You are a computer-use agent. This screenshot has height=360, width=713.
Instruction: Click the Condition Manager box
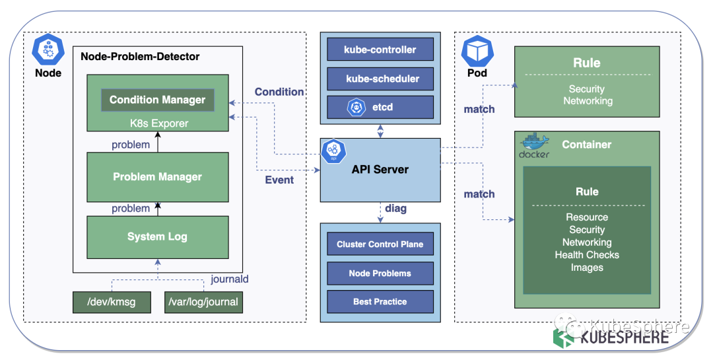pyautogui.click(x=157, y=100)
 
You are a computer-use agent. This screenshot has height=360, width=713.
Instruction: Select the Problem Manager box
pyautogui.click(x=157, y=177)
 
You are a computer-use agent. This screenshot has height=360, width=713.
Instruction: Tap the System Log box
pyautogui.click(x=157, y=236)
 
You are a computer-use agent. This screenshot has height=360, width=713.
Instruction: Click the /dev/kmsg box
pyautogui.click(x=112, y=302)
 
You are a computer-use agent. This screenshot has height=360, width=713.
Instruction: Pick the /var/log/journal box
pyautogui.click(x=203, y=302)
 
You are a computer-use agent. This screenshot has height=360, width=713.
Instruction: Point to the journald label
pyautogui.click(x=229, y=279)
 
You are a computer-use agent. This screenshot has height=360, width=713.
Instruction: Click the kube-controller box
pyautogui.click(x=380, y=50)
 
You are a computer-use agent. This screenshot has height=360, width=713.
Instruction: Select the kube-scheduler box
pyautogui.click(x=380, y=79)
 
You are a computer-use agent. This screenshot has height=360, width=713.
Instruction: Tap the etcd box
pyautogui.click(x=380, y=106)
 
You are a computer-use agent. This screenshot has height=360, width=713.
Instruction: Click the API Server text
pyautogui.click(x=380, y=170)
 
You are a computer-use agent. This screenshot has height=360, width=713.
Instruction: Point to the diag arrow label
pyautogui.click(x=396, y=209)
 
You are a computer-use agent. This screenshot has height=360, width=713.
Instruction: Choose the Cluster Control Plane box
pyautogui.click(x=380, y=244)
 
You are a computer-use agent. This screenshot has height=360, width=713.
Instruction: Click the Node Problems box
pyautogui.click(x=380, y=273)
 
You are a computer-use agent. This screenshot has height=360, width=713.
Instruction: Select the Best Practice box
pyautogui.click(x=380, y=301)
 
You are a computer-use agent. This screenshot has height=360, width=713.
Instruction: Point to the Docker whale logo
pyautogui.click(x=533, y=143)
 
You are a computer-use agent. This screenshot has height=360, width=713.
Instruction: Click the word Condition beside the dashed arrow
pyautogui.click(x=279, y=92)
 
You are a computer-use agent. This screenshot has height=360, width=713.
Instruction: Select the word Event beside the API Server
pyautogui.click(x=279, y=180)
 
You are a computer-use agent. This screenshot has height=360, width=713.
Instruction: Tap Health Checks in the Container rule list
pyautogui.click(x=586, y=255)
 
